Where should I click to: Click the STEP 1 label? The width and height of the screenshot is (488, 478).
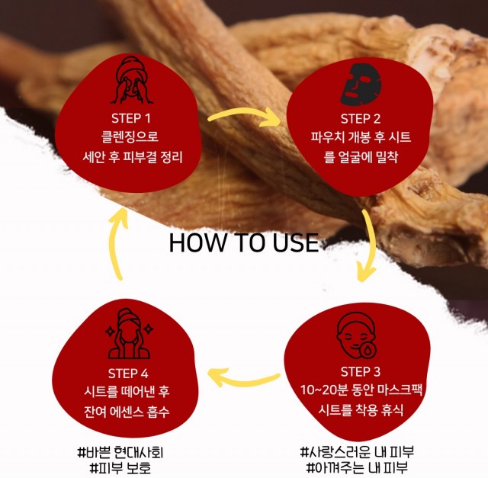[131, 118]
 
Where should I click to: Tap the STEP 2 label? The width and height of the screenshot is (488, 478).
[361, 119]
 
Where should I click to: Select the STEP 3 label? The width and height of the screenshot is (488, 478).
[361, 372]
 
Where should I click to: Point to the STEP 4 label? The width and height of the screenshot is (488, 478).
[128, 374]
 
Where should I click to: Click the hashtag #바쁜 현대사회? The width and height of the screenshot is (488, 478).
[120, 453]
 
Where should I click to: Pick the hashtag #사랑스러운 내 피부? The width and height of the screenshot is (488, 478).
[358, 452]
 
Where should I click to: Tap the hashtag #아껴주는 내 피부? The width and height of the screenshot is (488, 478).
[358, 467]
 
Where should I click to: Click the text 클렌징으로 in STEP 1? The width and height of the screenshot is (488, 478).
[130, 137]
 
